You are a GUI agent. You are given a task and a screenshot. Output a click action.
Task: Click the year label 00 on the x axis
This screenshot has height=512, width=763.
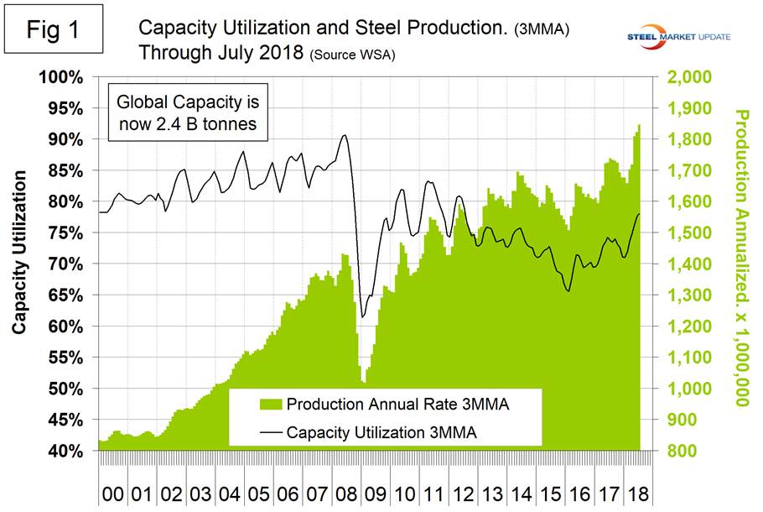(112, 491)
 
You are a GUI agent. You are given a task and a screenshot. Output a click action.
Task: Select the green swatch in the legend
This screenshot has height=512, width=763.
(271, 405)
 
